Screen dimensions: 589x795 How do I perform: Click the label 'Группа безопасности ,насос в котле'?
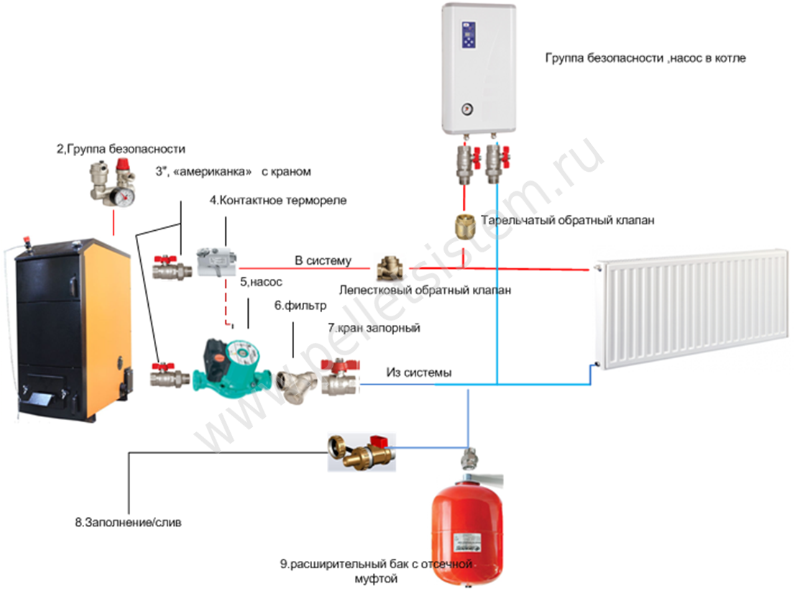point(645,58)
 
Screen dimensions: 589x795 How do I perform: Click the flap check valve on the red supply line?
point(388,270)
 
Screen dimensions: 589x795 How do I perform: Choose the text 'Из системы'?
point(419,373)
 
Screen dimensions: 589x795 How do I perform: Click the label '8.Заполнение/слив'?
point(128,523)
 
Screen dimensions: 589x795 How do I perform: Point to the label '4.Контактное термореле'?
point(278,201)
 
